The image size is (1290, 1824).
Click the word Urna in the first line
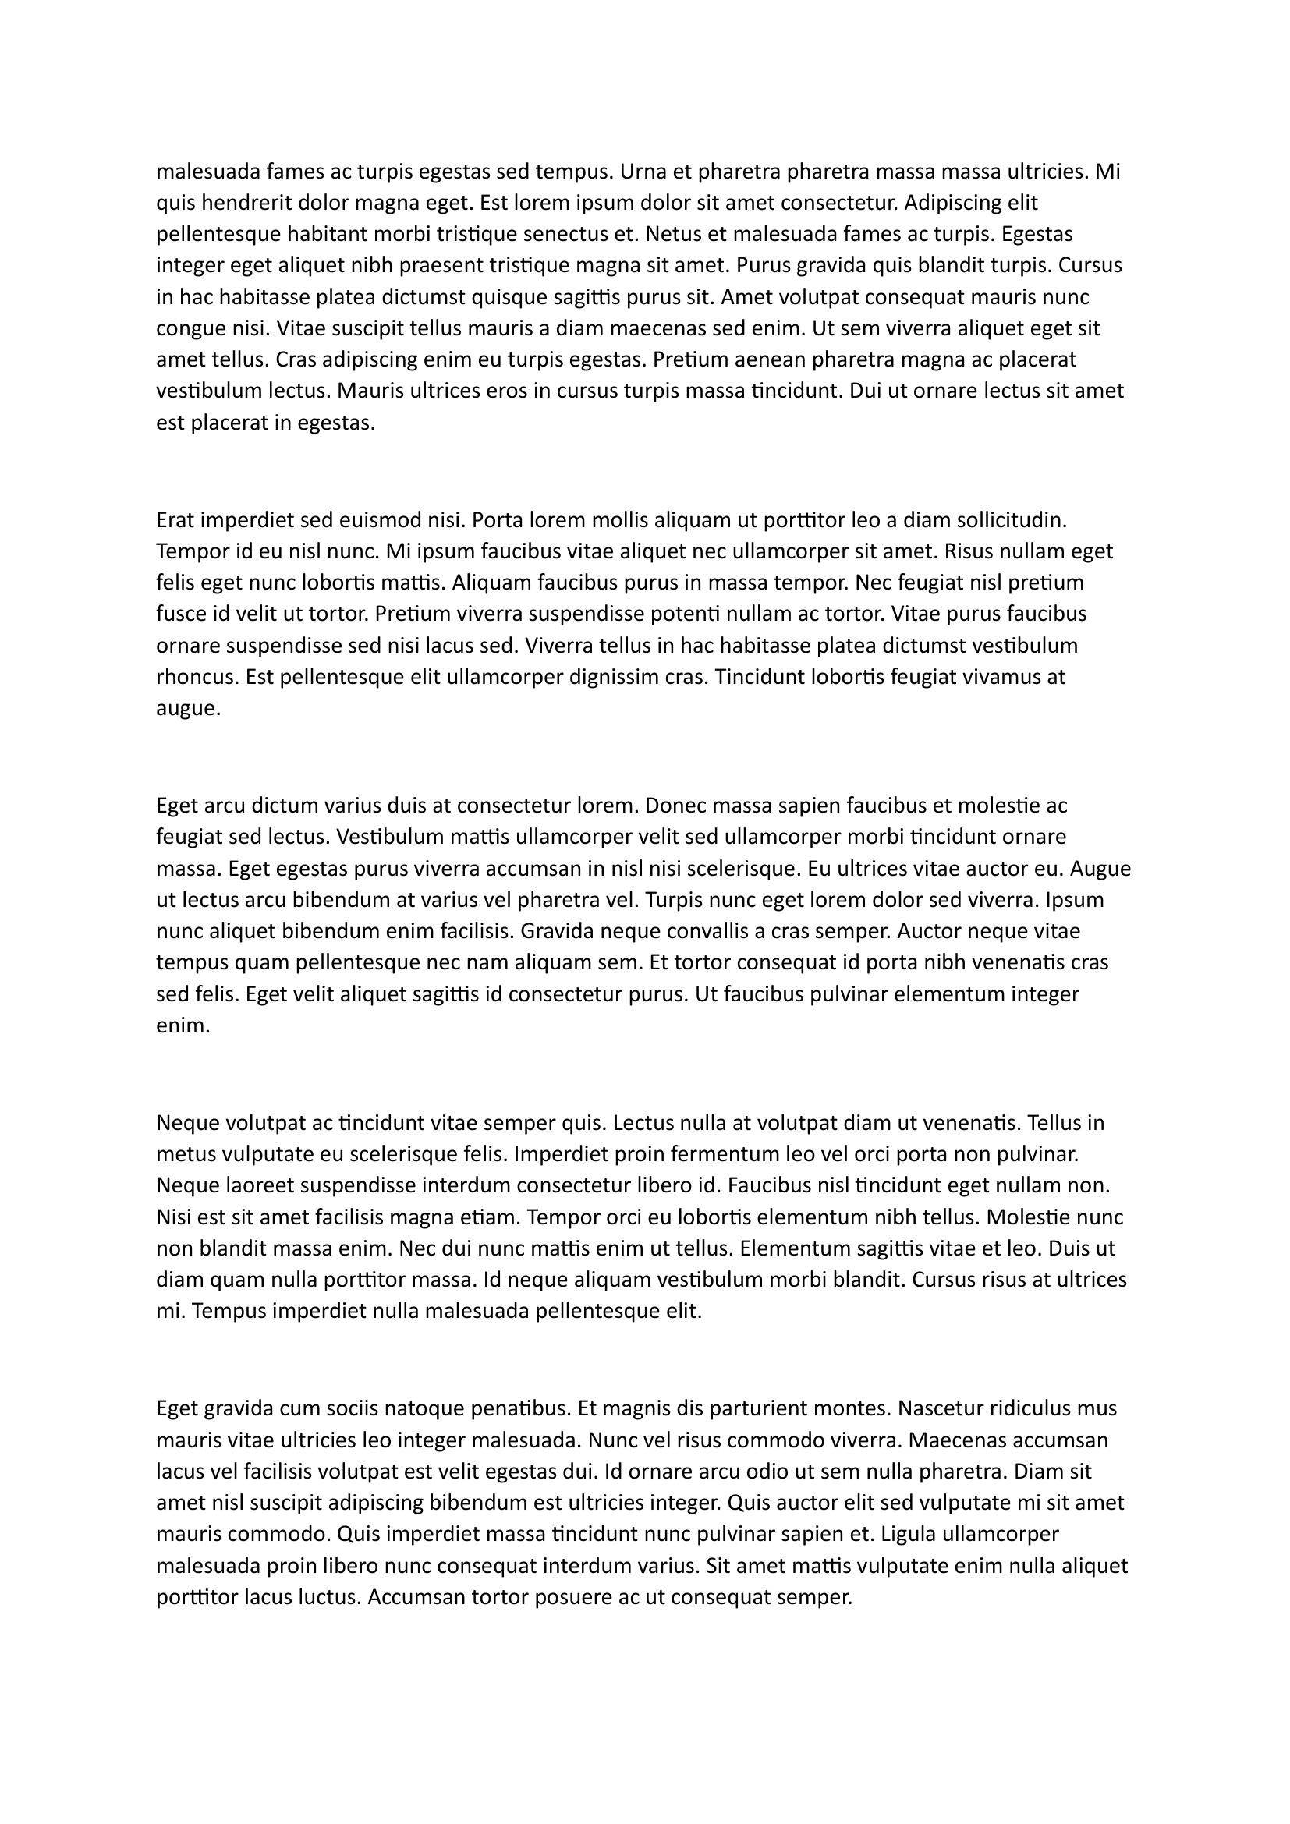[642, 172]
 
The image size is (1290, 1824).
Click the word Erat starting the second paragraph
[175, 520]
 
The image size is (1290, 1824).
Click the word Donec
[672, 806]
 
